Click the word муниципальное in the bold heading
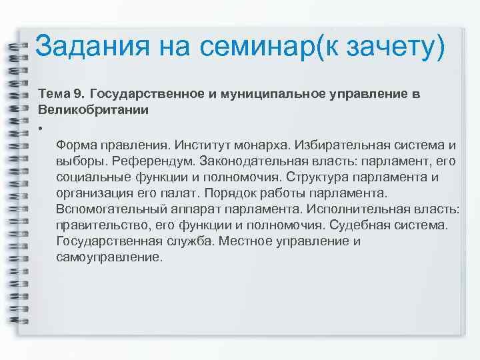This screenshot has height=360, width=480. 267,93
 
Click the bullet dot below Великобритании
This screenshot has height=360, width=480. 41,128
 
